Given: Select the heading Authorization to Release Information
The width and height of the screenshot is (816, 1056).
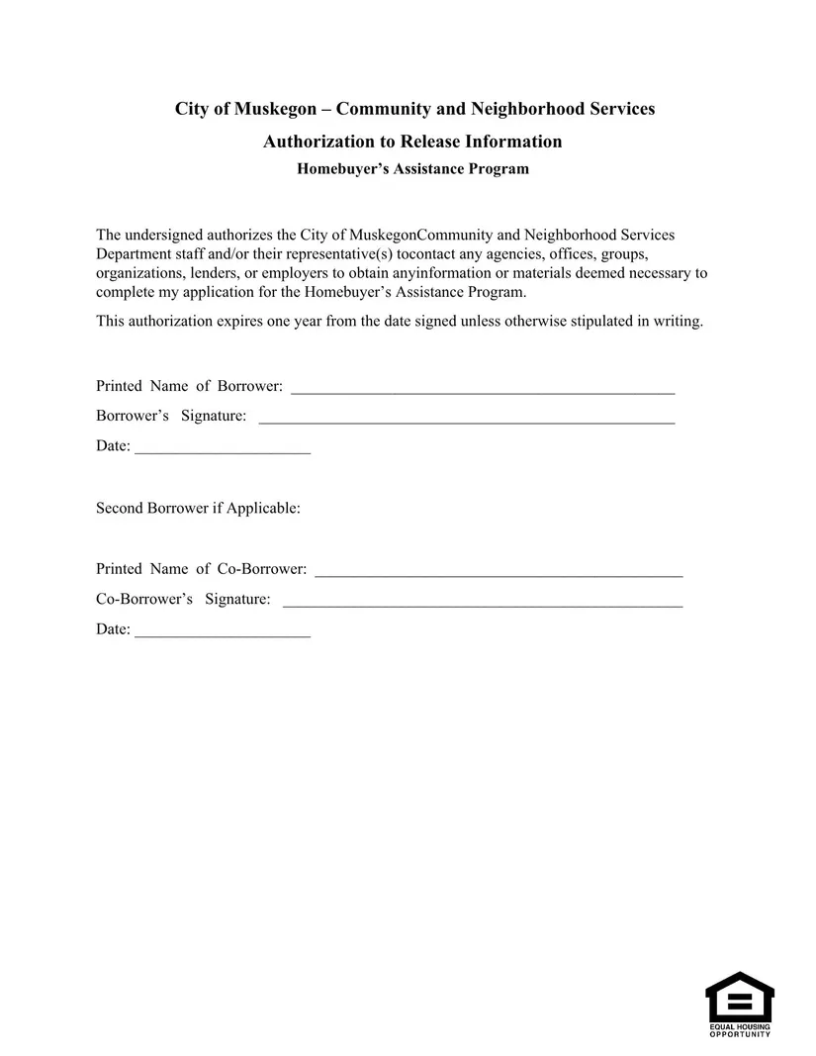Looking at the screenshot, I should [x=412, y=142].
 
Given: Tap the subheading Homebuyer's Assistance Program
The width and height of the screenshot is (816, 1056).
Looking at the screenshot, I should [x=412, y=169].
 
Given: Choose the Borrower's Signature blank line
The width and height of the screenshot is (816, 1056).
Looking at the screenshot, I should [x=466, y=417].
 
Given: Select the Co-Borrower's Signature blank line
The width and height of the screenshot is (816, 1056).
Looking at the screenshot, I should [x=483, y=600].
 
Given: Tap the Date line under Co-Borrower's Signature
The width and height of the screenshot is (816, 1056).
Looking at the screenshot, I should [x=223, y=630].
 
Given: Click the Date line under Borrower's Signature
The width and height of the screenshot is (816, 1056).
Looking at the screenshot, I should [x=223, y=447].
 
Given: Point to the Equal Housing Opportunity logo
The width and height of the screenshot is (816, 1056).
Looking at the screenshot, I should [x=739, y=1004].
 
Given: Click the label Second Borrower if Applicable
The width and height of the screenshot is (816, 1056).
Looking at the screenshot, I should [x=198, y=509].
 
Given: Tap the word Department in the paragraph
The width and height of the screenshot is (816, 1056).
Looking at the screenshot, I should [x=133, y=254].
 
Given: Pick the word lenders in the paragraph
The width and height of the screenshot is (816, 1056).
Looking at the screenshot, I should [x=206, y=273].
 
